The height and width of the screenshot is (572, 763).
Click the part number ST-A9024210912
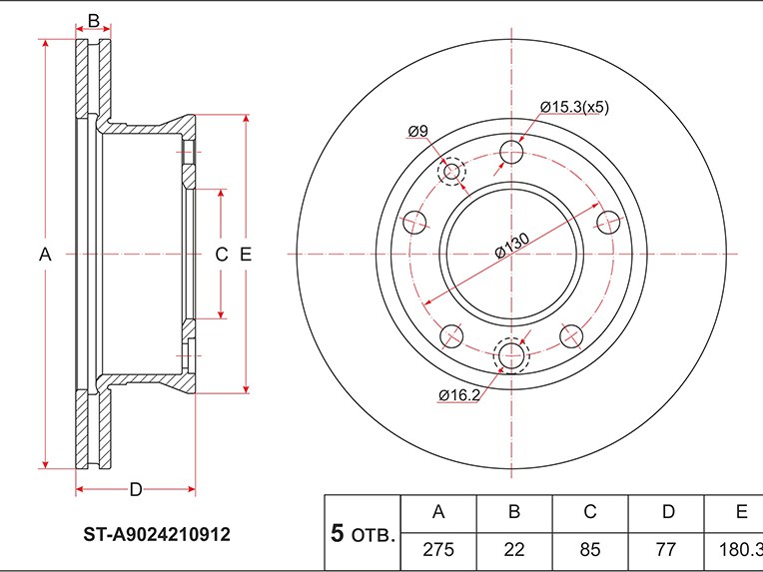click(156, 535)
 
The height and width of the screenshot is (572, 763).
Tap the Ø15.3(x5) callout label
click(574, 106)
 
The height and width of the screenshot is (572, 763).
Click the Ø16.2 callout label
click(458, 394)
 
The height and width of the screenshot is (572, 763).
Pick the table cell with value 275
click(437, 550)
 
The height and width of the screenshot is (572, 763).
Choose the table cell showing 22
click(514, 550)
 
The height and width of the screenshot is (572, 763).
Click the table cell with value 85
click(590, 550)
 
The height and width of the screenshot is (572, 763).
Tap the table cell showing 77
click(666, 550)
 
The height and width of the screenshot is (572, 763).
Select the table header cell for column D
click(666, 512)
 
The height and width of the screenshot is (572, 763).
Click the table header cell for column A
click(437, 512)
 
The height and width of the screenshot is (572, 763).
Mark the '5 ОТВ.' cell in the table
click(363, 533)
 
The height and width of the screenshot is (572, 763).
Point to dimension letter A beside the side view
click(45, 256)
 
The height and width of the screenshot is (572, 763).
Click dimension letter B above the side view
click(94, 21)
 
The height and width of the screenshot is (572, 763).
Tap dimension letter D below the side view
click(136, 488)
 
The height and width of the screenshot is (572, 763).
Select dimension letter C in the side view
click(222, 256)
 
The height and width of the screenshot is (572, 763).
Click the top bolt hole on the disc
click(512, 153)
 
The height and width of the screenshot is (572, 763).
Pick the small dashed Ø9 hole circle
click(452, 173)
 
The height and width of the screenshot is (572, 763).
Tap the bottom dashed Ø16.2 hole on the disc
click(512, 356)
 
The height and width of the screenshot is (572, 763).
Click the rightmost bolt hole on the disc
click(607, 222)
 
